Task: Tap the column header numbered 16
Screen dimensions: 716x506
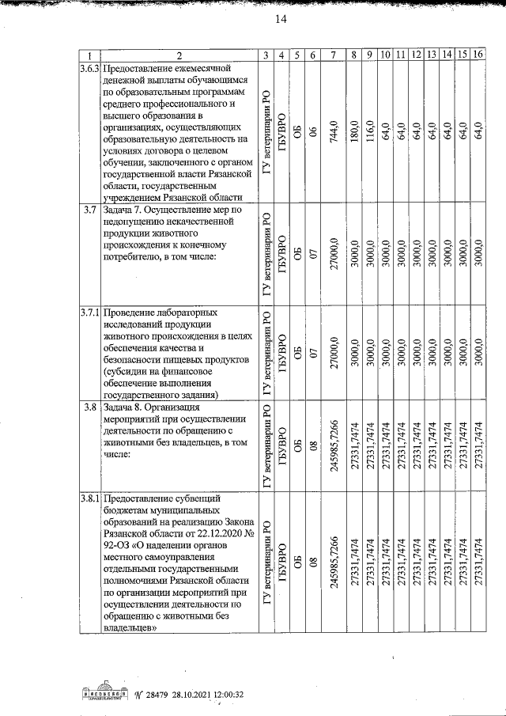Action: (478, 55)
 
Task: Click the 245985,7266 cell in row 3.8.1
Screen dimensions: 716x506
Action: (334, 563)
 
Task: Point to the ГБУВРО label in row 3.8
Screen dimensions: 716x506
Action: (281, 445)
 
